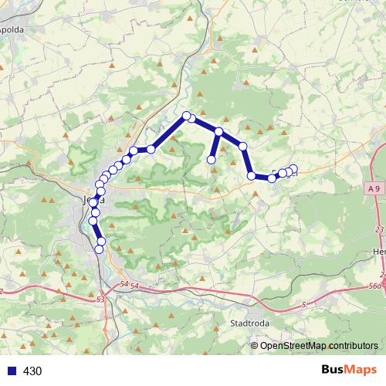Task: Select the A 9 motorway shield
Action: pos(374,188)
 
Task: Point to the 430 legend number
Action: pos(32,371)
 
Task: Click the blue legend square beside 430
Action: pos(10,371)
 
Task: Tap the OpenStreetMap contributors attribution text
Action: pos(319,346)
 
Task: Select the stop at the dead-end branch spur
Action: pos(211,160)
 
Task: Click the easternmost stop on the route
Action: pos(293,170)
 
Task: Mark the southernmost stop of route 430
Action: pos(99,249)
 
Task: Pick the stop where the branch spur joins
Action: pos(219,132)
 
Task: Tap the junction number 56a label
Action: pos(377,286)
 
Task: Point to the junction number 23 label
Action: pos(379,229)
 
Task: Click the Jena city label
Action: pos(87,199)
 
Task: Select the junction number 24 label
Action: pos(384,273)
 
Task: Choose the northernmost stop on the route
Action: pos(186,117)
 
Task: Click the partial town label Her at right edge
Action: pos(379,252)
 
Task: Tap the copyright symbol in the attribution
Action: pos(255,346)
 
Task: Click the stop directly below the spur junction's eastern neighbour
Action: pos(251,176)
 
